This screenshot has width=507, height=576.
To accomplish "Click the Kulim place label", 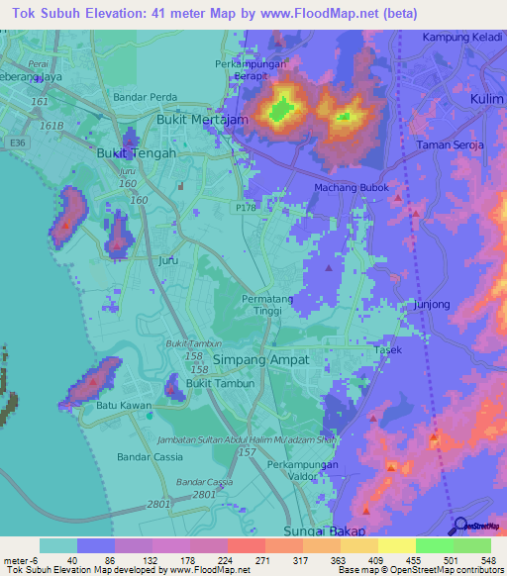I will pos(483,100).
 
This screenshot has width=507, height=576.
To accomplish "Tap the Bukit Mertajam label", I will pos(201,118).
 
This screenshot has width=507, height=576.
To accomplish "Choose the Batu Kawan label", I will pos(122,405).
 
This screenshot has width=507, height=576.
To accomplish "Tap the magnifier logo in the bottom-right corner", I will pos(460,527).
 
